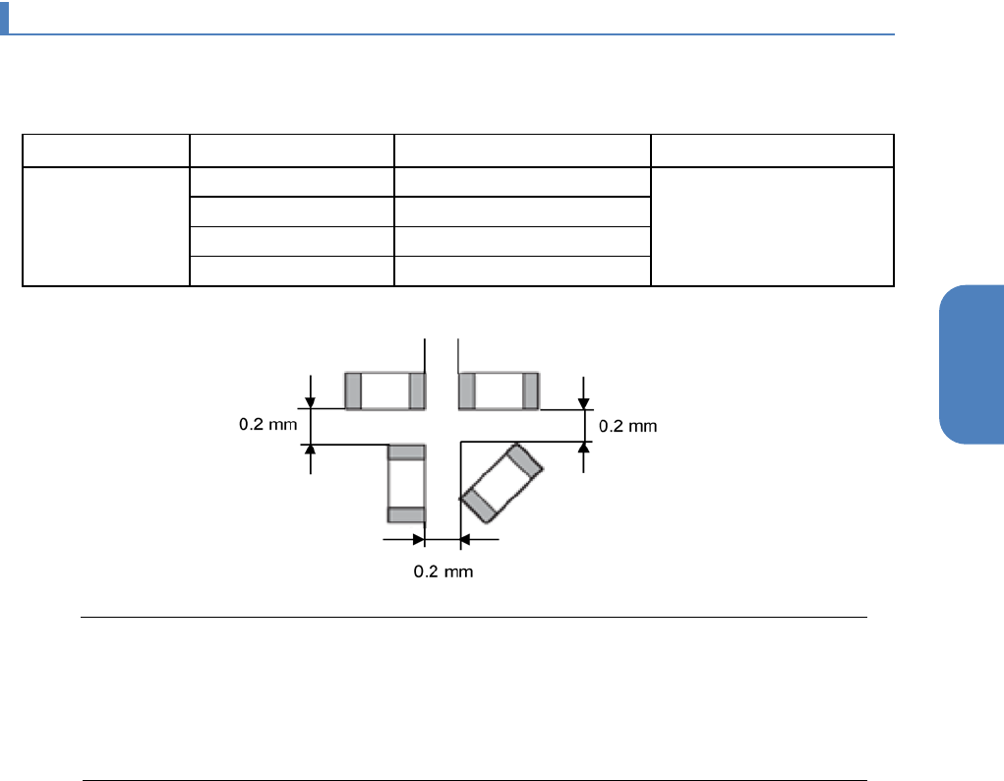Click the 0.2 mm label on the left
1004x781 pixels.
267,424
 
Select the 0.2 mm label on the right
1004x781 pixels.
627,426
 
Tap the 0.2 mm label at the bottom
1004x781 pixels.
443,571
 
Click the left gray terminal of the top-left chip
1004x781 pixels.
353,390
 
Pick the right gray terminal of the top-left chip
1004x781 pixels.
417,390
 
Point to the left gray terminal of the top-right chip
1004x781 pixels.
467,390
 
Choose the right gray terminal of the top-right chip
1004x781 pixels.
530,390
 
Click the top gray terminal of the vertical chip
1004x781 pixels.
406,452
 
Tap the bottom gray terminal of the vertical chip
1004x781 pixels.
406,514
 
